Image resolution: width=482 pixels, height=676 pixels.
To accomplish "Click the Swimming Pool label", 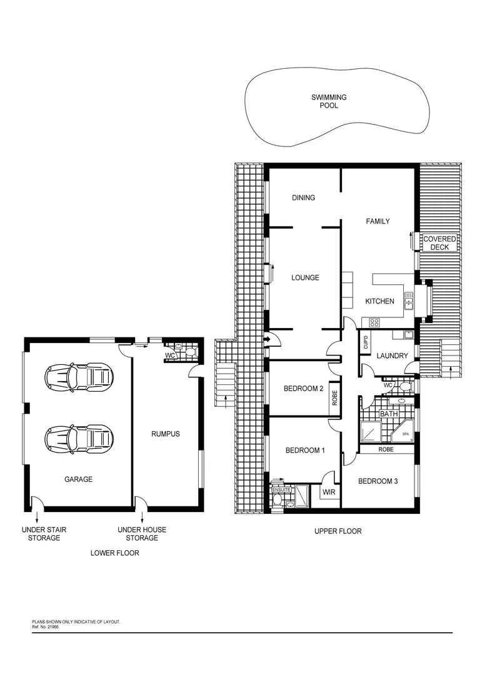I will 329,101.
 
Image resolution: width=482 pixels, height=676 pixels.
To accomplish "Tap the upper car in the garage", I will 79,376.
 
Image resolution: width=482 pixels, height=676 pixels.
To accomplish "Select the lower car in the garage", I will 79,436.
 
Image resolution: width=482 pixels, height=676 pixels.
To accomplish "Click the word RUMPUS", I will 165,433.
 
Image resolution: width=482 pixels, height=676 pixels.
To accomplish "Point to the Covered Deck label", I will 439,243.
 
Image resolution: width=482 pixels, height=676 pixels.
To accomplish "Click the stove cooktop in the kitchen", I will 374,323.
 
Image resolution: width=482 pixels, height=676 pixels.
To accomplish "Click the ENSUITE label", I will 281,489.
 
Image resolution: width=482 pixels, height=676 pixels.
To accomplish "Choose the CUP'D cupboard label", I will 366,343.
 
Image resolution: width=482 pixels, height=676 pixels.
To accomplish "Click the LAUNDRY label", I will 392,356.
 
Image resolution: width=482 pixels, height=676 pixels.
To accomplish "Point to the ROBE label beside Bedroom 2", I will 334,399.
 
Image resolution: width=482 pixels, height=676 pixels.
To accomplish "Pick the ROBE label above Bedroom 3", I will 386,449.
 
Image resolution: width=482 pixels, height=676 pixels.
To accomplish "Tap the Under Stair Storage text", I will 44,533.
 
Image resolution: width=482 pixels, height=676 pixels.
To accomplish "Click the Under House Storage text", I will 142,533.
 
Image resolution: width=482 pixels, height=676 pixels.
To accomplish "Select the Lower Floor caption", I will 115,553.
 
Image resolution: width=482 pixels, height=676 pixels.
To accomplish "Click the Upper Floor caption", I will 338,531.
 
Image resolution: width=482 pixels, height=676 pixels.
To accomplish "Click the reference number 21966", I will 53,626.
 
